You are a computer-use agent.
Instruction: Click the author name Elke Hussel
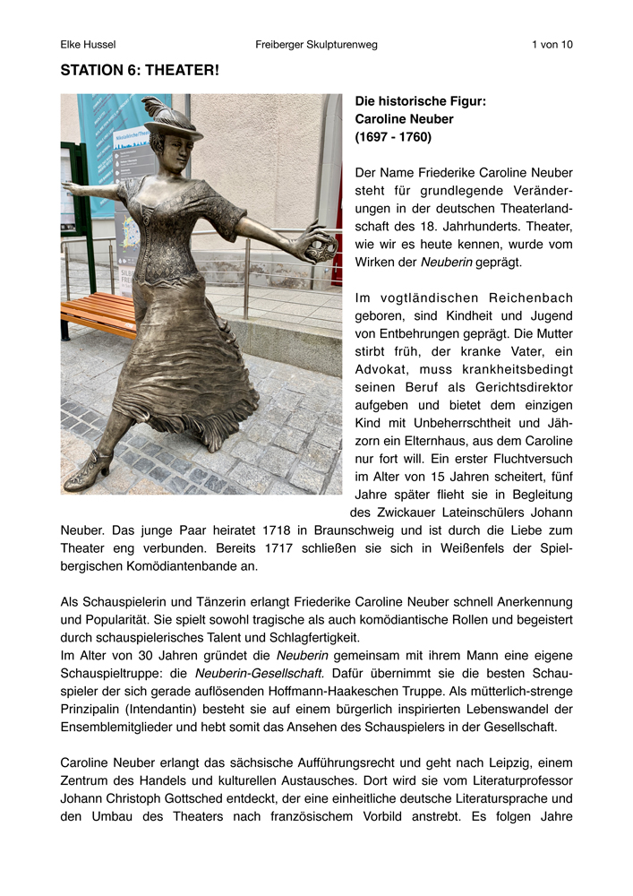(x=88, y=44)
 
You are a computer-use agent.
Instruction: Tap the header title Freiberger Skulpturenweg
(x=315, y=44)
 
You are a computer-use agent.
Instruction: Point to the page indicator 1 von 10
(x=552, y=44)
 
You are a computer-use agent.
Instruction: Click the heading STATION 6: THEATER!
(x=140, y=70)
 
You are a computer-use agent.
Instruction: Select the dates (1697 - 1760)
(x=393, y=137)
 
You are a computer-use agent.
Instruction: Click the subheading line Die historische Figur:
(x=421, y=101)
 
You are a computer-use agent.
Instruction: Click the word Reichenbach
(x=524, y=297)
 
